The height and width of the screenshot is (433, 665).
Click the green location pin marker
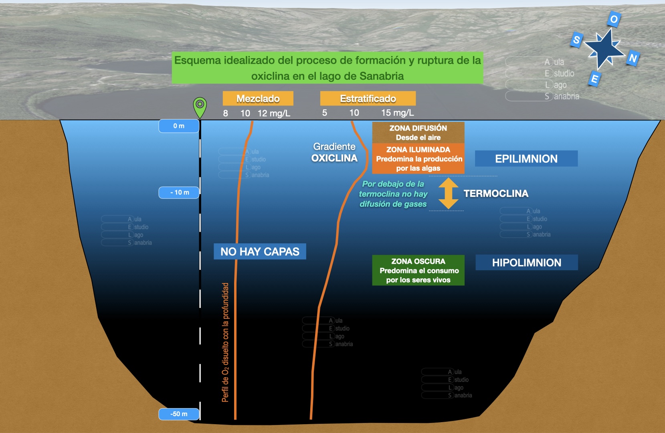point(200,105)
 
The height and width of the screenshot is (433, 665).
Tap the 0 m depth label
point(179,126)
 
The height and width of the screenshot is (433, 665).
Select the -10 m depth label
point(179,192)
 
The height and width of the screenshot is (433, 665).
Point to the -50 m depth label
point(179,414)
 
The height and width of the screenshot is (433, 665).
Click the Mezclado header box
point(258,99)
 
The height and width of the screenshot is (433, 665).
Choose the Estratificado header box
point(368,99)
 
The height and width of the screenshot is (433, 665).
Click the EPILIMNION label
point(526,159)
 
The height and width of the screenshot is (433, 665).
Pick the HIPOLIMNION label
point(526,263)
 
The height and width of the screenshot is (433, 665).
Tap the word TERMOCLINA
point(496,194)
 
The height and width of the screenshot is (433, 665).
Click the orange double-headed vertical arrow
point(448,193)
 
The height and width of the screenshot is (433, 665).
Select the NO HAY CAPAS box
point(260,251)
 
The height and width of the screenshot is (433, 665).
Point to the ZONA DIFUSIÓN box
point(418,133)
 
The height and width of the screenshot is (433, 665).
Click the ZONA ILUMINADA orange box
point(418,159)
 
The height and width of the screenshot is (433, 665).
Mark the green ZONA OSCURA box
point(418,270)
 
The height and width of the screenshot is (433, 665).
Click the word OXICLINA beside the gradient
point(334,158)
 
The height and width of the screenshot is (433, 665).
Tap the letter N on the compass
point(633,58)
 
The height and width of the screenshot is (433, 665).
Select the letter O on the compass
point(614,19)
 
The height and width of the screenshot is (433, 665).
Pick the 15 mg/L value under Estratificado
point(397,113)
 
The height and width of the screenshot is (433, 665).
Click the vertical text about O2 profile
point(226,342)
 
